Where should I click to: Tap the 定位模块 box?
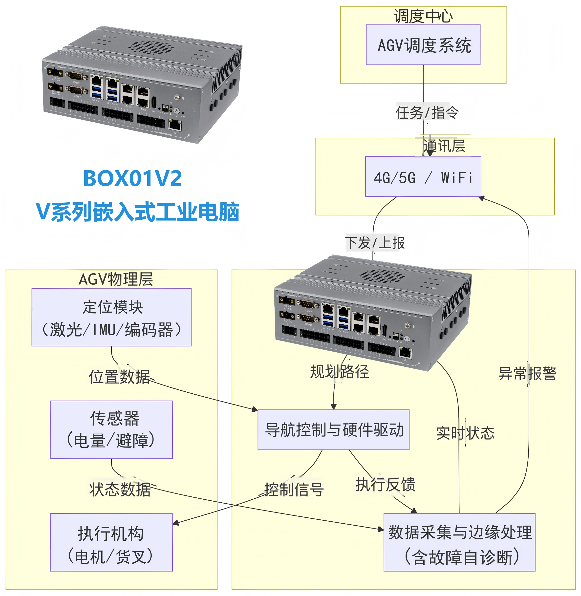[111, 317]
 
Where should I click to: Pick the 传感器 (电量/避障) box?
[111, 430]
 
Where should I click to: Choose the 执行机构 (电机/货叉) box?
[111, 542]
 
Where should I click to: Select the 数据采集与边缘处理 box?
[459, 542]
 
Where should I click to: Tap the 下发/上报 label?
[375, 243]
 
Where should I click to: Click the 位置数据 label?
[120, 377]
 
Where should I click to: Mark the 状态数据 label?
[120, 490]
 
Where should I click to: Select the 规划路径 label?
[339, 372]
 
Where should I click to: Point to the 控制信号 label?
[294, 490]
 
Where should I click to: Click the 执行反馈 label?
[386, 485]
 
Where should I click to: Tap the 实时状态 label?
[465, 433]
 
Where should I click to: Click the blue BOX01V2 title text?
[132, 178]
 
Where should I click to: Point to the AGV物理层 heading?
[116, 279]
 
